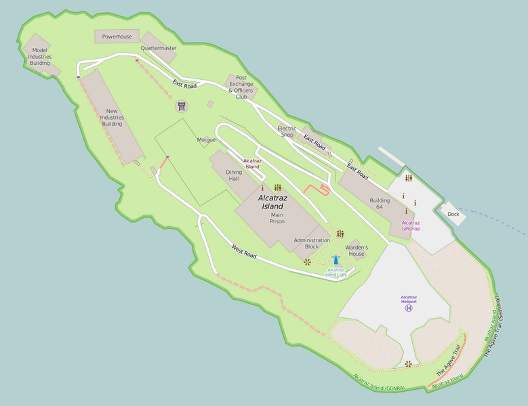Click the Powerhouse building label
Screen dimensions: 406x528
pos(117,37)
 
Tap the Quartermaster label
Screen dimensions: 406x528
pos(159,49)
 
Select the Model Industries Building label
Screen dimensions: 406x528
pos(40,56)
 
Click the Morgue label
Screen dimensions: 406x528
pos(206,140)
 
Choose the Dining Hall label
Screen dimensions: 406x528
pos(233,175)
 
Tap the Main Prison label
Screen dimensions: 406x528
pos(277,218)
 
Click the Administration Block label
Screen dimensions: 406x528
pos(312,244)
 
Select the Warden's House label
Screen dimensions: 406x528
pos(357,251)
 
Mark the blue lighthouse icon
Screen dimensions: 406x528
pos(336,261)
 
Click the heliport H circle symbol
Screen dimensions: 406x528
pos(409,309)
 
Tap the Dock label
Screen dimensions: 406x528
pos(453,215)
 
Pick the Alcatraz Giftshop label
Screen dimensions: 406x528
pos(411,225)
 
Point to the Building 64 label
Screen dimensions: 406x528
pos(380,204)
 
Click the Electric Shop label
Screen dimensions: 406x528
pos(287,131)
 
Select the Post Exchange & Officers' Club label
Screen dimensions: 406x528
pos(241,87)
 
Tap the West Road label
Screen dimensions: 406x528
pos(244,251)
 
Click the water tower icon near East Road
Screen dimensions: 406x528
pos(182,106)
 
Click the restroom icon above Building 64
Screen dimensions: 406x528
pos(408,179)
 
